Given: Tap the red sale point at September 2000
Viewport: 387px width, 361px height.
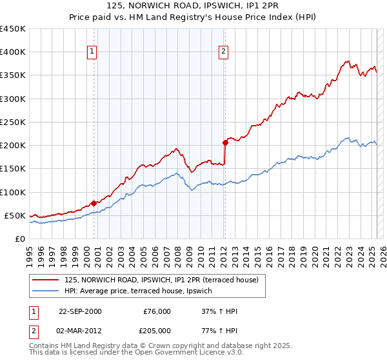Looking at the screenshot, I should point(94,203).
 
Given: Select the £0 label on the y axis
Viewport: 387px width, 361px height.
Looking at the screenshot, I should point(19,239).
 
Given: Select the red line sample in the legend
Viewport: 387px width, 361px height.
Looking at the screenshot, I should point(46,280).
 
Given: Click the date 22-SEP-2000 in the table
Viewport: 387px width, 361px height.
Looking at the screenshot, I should point(80,311).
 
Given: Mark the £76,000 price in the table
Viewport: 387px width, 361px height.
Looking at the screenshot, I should point(157,311).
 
